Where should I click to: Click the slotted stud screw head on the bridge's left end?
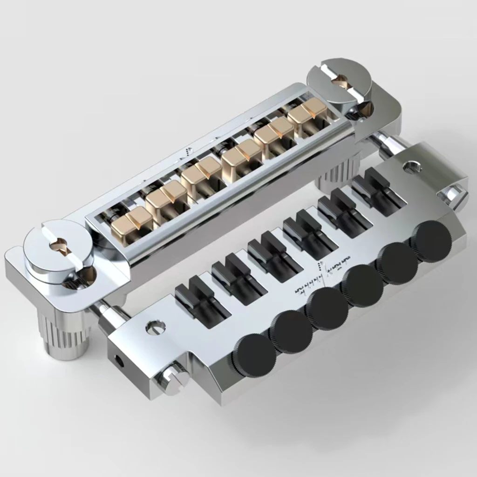point(55,245)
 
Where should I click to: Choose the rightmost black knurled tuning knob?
point(431,240)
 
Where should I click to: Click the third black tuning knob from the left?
point(330,309)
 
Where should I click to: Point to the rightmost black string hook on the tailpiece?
point(376,185)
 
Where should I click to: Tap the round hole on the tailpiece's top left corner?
point(155,327)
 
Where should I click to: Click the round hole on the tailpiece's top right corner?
point(412,166)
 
